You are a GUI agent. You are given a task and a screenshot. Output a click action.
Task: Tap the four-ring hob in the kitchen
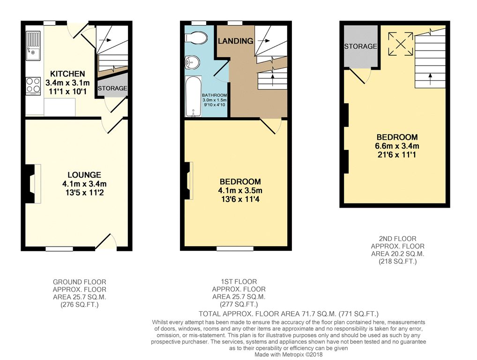[x=33, y=85]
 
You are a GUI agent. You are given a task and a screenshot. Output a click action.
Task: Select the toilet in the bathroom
[x=196, y=38]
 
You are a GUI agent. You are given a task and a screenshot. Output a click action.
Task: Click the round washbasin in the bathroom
[x=192, y=62]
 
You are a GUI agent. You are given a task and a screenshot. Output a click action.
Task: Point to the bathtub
[x=193, y=97]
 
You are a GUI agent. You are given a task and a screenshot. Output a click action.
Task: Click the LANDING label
[x=236, y=41]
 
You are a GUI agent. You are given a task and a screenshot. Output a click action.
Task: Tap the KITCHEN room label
[x=67, y=74]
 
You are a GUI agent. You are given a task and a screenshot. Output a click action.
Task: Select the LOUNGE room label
[x=84, y=175]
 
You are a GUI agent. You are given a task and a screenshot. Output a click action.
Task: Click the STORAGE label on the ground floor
[x=112, y=88]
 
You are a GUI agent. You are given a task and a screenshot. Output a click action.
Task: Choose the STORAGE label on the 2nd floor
[x=360, y=46]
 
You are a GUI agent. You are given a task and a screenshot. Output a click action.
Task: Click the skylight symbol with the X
[x=401, y=44]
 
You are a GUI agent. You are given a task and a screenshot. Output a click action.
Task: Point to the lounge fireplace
[x=33, y=183]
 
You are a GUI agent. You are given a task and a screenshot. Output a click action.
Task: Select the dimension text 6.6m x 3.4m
[x=397, y=146]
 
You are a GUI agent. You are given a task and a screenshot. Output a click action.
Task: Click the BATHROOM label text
[x=215, y=95]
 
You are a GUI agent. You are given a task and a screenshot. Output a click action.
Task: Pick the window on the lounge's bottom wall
[x=60, y=249]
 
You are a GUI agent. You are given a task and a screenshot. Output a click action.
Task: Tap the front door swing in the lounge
[x=106, y=241]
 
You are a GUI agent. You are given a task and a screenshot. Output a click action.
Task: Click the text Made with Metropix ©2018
[x=288, y=354]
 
